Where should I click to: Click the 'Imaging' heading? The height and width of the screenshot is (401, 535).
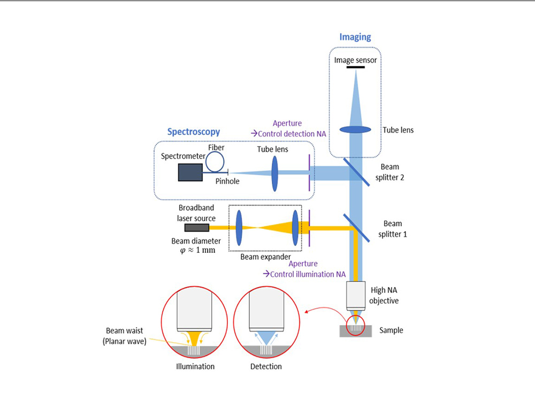click(x=355, y=37)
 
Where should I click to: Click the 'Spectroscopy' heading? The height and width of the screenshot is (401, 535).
click(x=193, y=131)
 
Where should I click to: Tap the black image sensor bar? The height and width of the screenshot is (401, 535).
click(x=355, y=67)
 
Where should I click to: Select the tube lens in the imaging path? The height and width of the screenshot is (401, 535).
click(x=355, y=129)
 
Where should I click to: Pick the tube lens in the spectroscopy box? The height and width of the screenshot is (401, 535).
click(x=275, y=173)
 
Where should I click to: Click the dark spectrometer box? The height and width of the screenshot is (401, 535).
click(x=190, y=173)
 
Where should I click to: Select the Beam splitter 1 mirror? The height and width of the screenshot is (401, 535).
click(x=355, y=227)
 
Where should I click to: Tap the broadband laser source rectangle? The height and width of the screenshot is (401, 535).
click(x=197, y=228)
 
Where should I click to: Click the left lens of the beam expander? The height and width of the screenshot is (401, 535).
click(x=239, y=227)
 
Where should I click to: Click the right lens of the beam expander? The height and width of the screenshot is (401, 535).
click(x=295, y=227)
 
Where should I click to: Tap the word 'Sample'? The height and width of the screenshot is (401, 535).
click(x=391, y=330)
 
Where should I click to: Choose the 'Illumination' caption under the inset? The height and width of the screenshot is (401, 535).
click(x=195, y=367)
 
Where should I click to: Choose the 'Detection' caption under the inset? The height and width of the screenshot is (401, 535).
click(x=266, y=367)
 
